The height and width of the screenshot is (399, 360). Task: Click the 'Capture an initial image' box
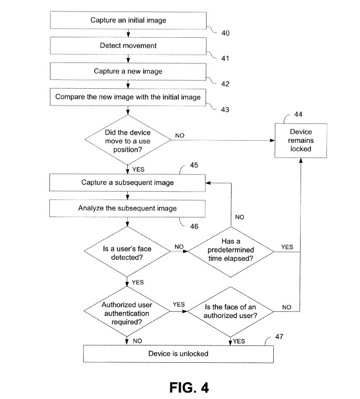128,20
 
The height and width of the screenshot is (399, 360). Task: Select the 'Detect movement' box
128,46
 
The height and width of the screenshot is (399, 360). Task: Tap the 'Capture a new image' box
128,71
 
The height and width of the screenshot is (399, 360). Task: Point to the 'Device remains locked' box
301,141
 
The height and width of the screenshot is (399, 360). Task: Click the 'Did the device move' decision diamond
128,140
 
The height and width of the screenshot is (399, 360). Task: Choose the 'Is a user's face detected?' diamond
127,251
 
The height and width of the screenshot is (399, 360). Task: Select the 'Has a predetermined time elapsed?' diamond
231,251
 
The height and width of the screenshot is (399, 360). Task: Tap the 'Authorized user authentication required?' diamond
127,312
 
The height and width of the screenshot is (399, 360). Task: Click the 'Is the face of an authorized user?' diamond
230,312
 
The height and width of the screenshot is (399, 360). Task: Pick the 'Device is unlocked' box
178,354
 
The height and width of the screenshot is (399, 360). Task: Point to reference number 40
225,33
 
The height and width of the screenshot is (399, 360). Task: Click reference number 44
299,114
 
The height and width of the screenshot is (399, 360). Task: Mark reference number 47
279,337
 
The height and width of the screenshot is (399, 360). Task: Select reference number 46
194,226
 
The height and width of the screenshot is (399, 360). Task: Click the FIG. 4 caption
189,387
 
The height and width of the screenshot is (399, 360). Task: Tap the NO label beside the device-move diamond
180,135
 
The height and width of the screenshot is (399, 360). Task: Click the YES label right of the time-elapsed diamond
287,247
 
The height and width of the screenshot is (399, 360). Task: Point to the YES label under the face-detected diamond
138,282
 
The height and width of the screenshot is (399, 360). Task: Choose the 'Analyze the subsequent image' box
127,208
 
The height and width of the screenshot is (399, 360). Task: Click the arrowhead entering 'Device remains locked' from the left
272,141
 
